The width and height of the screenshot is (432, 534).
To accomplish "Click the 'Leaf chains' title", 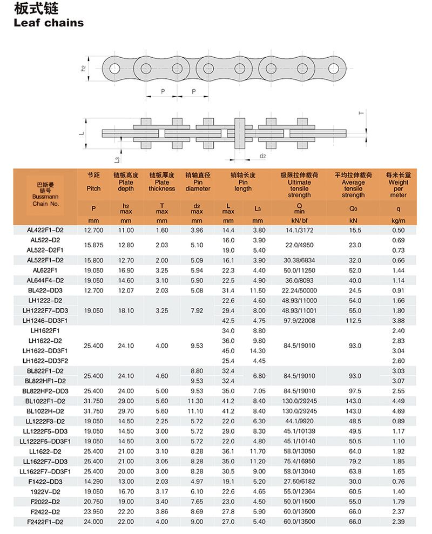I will click(49, 23).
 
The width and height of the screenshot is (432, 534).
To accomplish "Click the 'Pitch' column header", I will click(93, 188).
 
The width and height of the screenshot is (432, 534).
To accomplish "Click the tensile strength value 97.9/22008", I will click(300, 320).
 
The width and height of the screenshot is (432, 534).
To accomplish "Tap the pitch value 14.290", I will click(93, 482).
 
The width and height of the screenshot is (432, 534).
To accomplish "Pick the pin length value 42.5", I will click(228, 320).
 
